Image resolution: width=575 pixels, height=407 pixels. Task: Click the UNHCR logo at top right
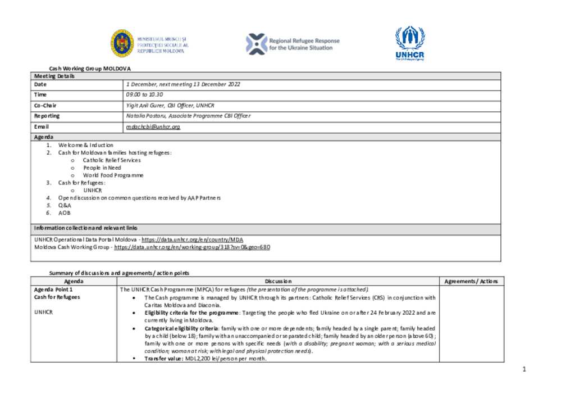pos(409,43)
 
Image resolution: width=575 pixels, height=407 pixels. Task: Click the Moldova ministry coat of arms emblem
pos(122,43)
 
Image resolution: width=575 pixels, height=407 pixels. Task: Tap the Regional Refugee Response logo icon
pos(257,44)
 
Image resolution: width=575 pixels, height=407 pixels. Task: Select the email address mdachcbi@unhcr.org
pos(153,127)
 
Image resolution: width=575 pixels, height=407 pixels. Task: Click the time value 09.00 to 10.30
pos(144,95)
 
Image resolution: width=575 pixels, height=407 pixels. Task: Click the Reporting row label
pos(47,116)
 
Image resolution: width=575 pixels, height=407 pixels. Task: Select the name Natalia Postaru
pos(145,116)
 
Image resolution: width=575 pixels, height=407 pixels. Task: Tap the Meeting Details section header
pos(54,76)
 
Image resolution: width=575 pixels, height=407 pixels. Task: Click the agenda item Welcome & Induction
pos(86,145)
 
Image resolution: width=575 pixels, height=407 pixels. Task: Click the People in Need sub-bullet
pos(102,168)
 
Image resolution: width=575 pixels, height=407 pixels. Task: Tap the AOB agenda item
pos(65,213)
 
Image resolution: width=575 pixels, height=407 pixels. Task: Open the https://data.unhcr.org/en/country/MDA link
pos(192,239)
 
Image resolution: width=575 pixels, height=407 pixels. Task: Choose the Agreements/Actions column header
pos(471,281)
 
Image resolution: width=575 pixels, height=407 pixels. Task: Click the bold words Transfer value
pos(163,358)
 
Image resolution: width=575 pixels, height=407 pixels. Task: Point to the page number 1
pos(523,369)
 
